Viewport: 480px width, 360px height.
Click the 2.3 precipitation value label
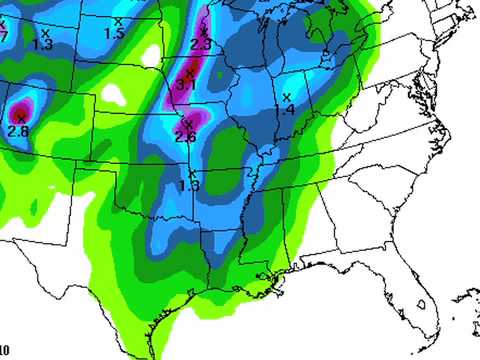click(200, 45)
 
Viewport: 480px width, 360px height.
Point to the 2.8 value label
click(17, 131)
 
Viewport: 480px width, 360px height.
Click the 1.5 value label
click(114, 34)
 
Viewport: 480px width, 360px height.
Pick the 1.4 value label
click(288, 108)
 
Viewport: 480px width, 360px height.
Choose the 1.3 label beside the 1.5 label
click(42, 44)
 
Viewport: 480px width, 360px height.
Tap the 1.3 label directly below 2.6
click(189, 185)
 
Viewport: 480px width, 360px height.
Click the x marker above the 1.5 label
click(119, 21)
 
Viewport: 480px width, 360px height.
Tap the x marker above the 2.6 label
click(187, 124)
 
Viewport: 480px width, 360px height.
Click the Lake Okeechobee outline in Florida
click(425, 300)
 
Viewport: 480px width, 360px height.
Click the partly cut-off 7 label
click(3, 37)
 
